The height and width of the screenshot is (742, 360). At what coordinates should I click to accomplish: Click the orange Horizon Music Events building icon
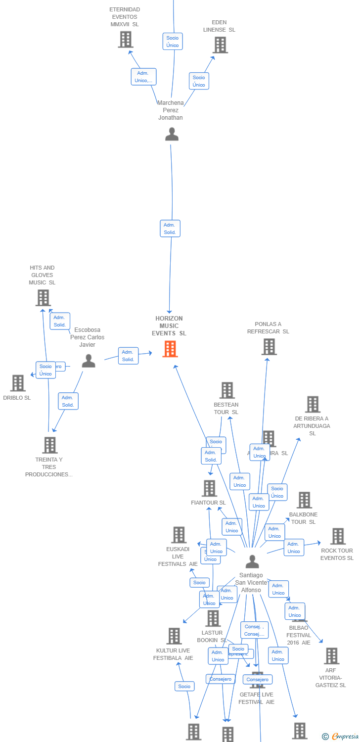click(x=170, y=349)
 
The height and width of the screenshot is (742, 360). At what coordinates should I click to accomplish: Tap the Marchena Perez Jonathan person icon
click(x=172, y=134)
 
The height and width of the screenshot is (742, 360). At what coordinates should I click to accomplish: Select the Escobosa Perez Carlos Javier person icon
click(x=89, y=361)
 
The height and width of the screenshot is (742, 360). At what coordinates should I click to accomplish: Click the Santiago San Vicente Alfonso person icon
click(x=252, y=561)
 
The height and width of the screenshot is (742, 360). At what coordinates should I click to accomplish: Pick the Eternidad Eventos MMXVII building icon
click(x=126, y=40)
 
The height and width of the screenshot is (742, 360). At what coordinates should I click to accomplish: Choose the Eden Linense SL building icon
click(x=220, y=45)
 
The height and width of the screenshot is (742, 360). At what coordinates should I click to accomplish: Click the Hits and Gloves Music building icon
click(x=43, y=298)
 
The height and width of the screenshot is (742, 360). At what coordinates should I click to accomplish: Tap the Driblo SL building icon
click(x=18, y=383)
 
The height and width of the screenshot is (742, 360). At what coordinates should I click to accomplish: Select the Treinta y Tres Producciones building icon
click(x=49, y=445)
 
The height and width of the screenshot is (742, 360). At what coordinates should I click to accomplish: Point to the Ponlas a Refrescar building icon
click(x=269, y=347)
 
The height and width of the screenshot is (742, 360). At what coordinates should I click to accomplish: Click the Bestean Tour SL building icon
click(x=227, y=390)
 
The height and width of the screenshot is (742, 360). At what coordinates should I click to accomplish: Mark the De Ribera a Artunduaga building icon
click(x=313, y=404)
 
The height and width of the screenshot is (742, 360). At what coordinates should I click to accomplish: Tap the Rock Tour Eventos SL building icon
click(x=338, y=536)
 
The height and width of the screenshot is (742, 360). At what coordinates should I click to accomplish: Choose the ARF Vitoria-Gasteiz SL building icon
click(x=331, y=656)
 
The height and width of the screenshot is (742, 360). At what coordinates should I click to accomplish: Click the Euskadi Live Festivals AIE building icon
click(x=179, y=535)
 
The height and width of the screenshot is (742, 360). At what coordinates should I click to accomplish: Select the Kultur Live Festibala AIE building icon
click(x=174, y=636)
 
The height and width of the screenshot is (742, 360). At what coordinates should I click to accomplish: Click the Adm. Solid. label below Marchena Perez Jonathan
click(x=170, y=229)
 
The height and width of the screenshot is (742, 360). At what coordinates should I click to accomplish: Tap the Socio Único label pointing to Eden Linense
click(x=199, y=81)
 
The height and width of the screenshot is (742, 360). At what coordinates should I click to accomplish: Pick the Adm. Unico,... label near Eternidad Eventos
click(x=144, y=77)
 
